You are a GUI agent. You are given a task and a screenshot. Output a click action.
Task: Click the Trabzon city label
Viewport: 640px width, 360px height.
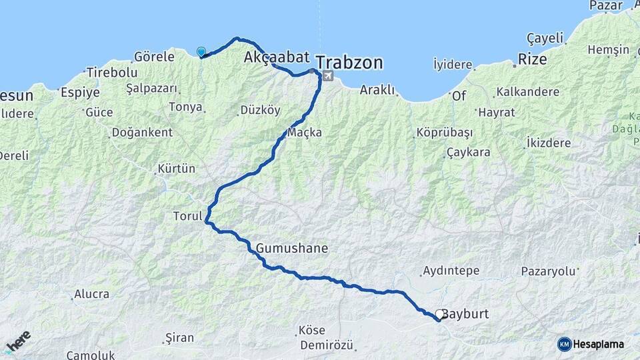(x=349, y=63)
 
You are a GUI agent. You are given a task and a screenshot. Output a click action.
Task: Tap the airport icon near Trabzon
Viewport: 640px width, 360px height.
(x=327, y=77)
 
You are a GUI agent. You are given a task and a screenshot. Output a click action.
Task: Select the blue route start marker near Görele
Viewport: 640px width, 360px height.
(x=201, y=51)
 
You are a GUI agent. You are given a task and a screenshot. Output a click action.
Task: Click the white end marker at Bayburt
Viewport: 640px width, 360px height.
(x=440, y=314)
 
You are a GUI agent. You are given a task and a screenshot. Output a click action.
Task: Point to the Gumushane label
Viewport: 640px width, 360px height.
(x=292, y=248)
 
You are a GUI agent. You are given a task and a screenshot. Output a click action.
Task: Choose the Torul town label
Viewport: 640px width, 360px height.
(x=187, y=217)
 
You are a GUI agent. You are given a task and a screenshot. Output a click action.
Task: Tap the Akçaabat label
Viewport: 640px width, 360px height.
(x=277, y=57)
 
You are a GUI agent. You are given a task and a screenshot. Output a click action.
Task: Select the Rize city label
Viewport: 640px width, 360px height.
(x=533, y=59)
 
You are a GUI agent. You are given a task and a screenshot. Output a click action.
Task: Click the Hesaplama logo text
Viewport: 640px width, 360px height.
(x=599, y=344)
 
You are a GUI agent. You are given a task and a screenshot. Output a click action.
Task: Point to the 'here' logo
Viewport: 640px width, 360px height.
(x=18, y=341)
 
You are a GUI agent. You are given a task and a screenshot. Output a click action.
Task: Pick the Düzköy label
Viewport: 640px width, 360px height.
(x=260, y=111)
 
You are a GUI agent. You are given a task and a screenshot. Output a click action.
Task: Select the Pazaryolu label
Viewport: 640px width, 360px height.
(x=547, y=271)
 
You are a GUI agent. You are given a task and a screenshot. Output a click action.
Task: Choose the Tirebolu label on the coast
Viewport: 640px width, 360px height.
(x=112, y=73)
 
